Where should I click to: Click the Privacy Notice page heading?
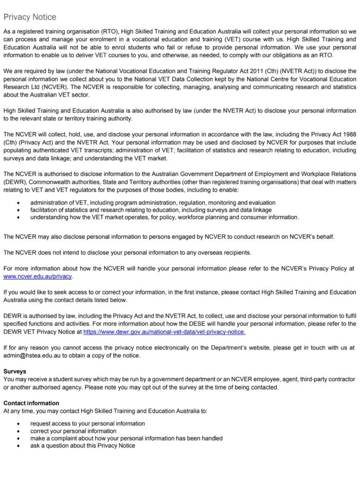coord(30,17)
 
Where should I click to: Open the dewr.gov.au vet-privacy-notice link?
coord(164,332)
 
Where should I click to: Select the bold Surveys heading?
coord(15,372)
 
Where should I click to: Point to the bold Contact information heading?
coord(31,403)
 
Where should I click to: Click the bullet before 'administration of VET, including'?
coord(18,203)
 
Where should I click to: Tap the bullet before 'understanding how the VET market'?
coord(18,217)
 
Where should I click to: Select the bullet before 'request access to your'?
coord(18,424)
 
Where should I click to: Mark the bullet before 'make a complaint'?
coord(18,438)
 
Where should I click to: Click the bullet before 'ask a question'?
coord(18,446)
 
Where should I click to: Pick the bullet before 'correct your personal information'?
coord(18,431)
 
